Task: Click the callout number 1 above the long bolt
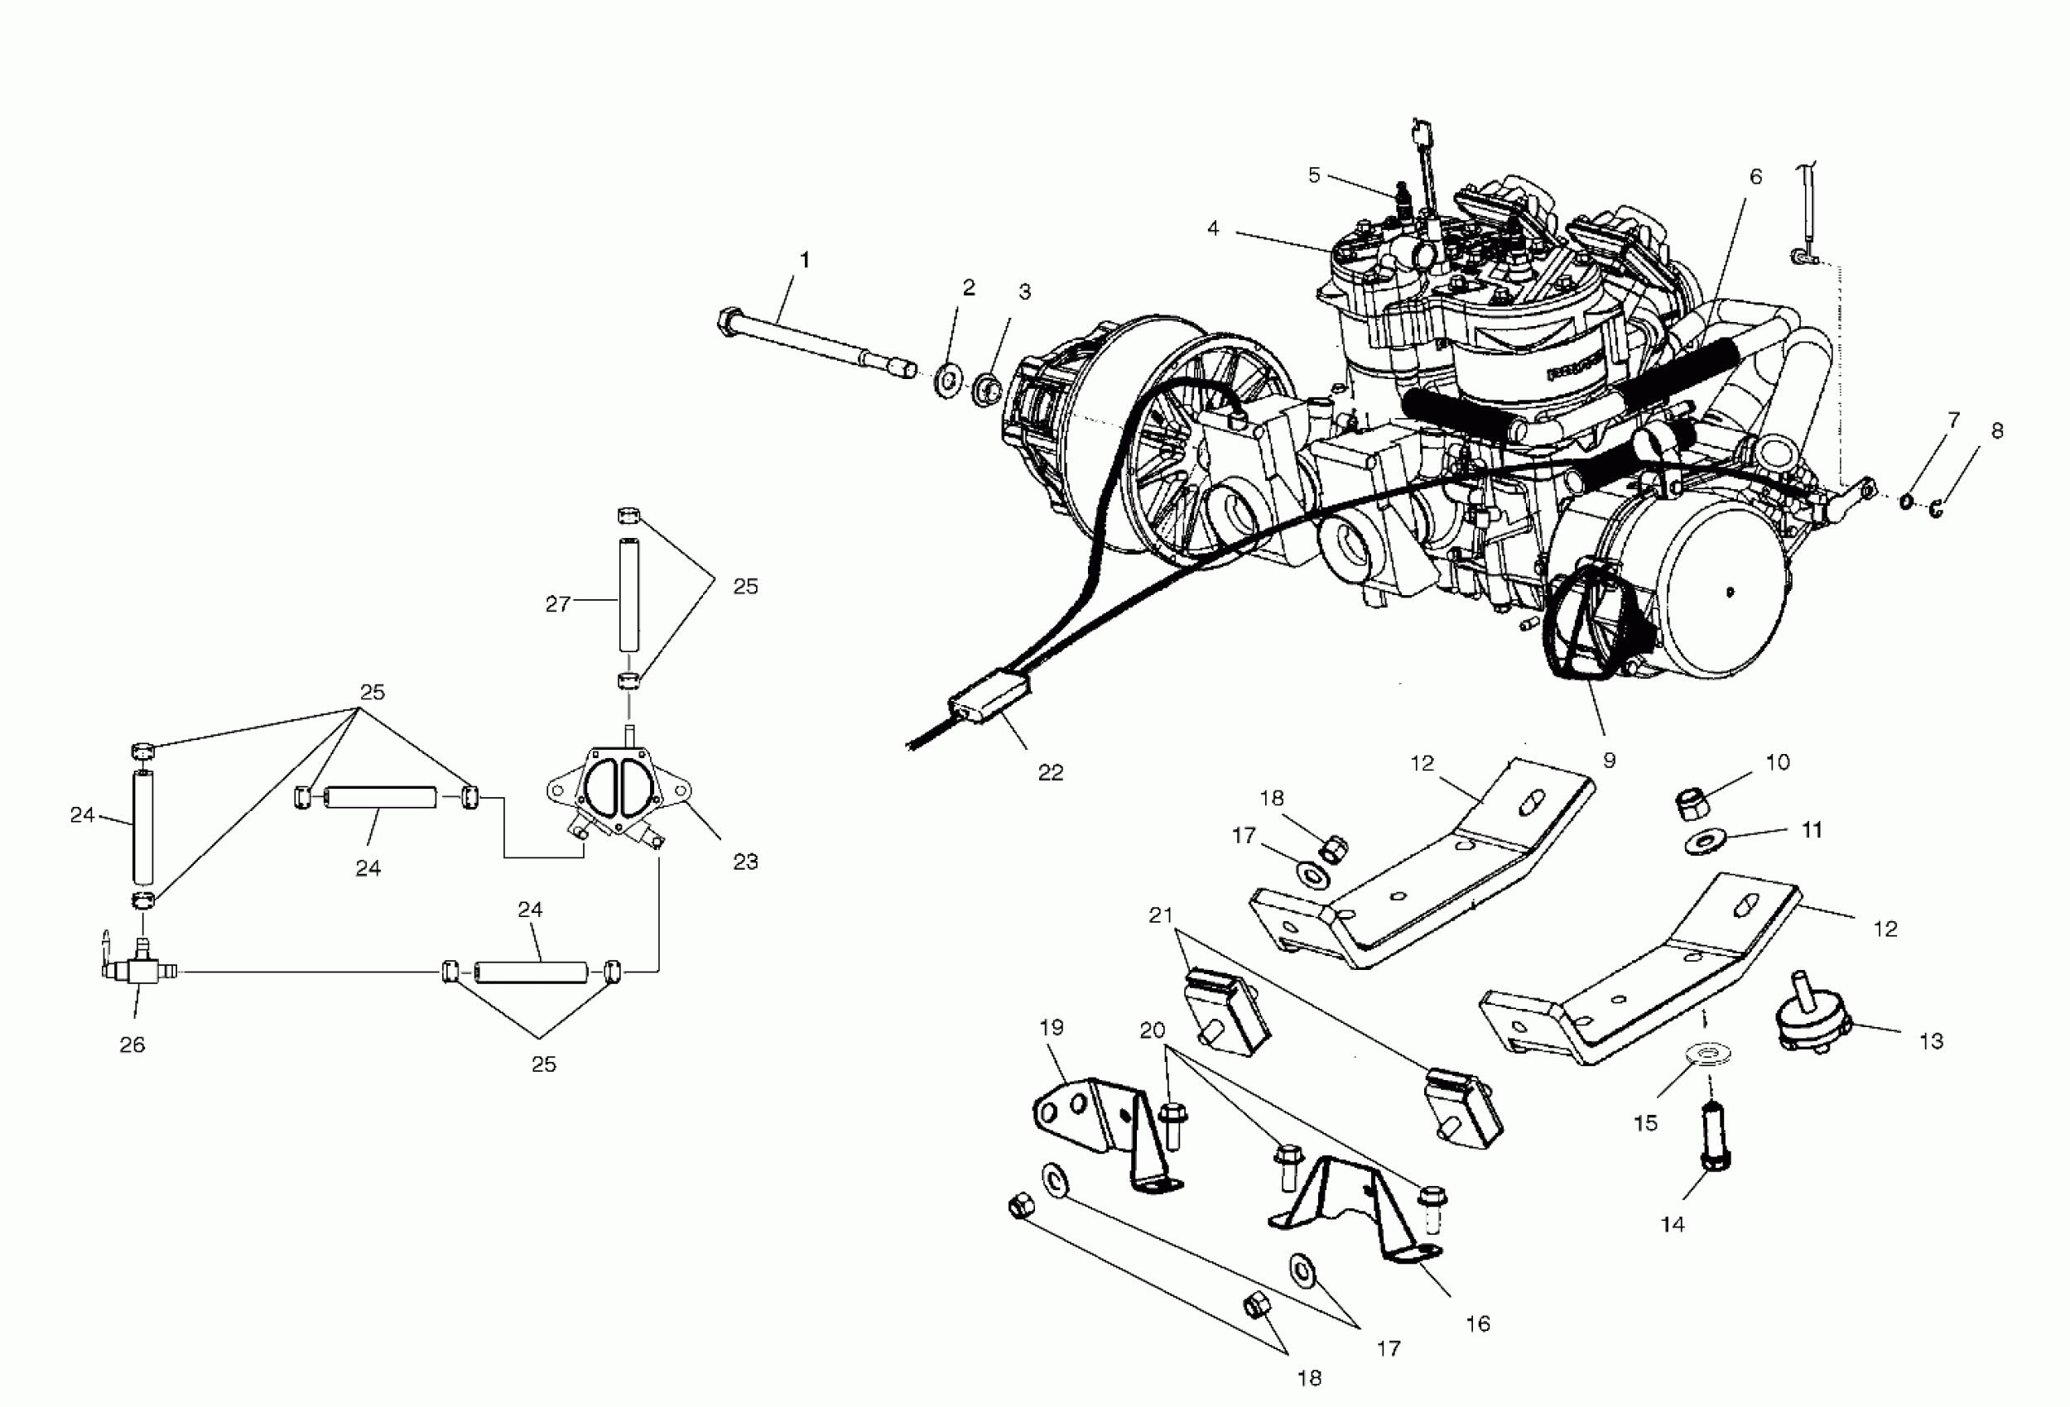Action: click(x=805, y=260)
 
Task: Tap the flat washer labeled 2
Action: click(x=947, y=379)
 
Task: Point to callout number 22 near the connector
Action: click(x=1051, y=772)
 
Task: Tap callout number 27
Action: click(x=557, y=605)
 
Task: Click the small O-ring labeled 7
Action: click(x=1904, y=502)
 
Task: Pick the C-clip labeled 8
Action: click(x=1938, y=509)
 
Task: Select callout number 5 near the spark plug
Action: click(x=1314, y=175)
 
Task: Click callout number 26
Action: click(x=132, y=1044)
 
